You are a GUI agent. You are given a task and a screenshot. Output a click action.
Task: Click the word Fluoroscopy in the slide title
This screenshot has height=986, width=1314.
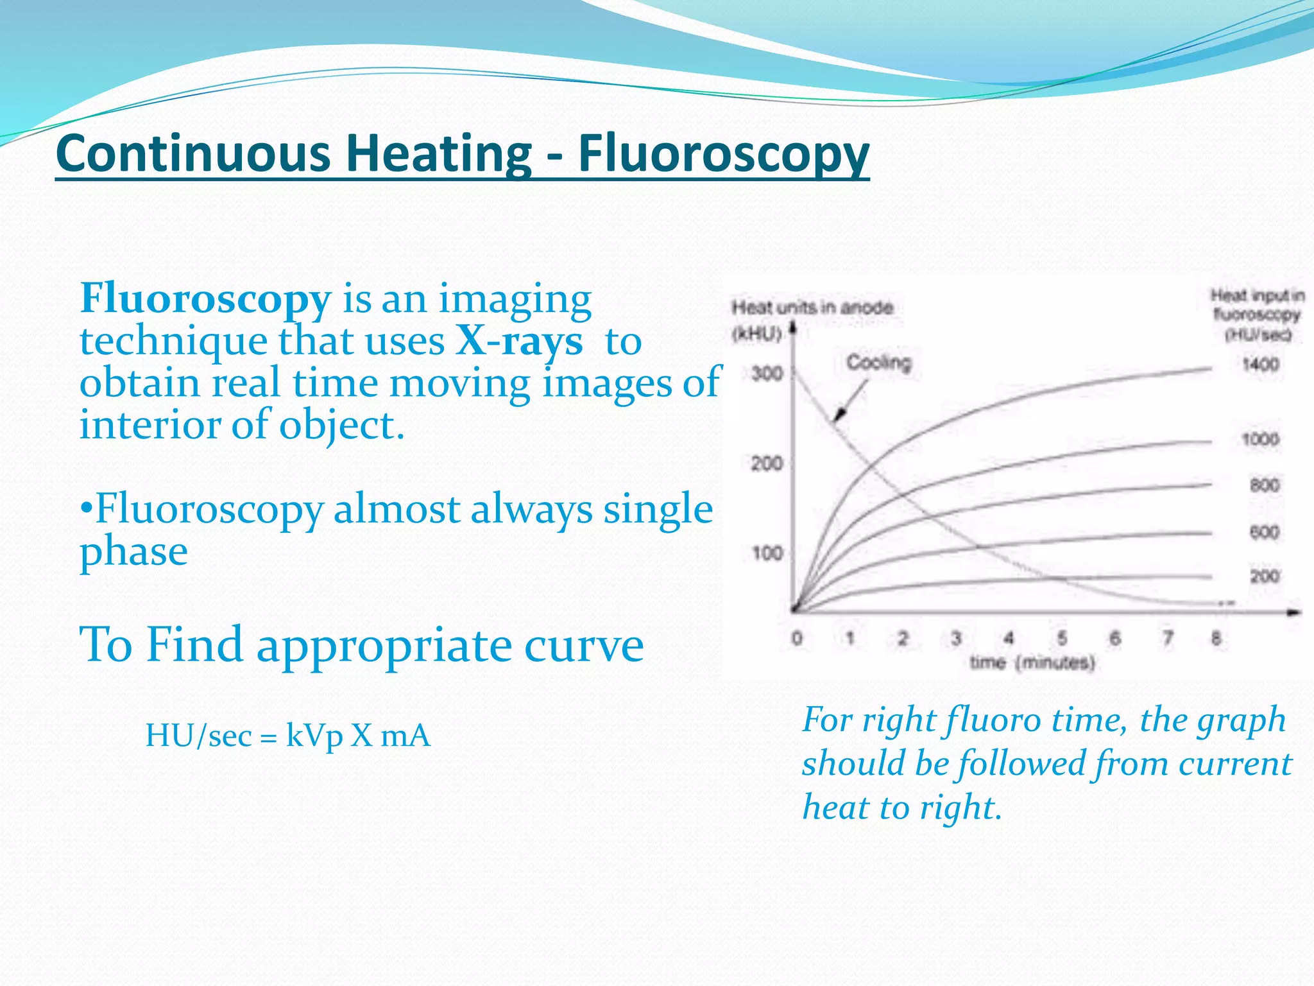pyautogui.click(x=723, y=153)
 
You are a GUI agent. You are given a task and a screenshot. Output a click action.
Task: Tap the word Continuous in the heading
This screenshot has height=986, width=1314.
pyautogui.click(x=193, y=153)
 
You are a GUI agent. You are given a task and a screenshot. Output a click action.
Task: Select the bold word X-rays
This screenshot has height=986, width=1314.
pyautogui.click(x=519, y=341)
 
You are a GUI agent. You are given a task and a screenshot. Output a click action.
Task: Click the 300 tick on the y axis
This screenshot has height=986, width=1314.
pyautogui.click(x=766, y=373)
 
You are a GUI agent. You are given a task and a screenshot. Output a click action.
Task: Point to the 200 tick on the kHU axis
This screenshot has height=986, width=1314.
pyautogui.click(x=766, y=463)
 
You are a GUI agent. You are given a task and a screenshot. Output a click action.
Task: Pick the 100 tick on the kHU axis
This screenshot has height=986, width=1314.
pyautogui.click(x=766, y=553)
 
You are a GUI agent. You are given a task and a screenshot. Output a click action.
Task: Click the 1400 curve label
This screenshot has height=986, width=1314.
pyautogui.click(x=1260, y=365)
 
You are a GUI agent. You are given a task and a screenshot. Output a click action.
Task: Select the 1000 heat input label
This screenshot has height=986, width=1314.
pyautogui.click(x=1260, y=440)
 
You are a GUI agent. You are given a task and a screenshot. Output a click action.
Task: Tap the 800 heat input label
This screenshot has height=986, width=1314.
pyautogui.click(x=1264, y=485)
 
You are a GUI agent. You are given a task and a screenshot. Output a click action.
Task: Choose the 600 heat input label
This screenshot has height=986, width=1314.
pyautogui.click(x=1264, y=532)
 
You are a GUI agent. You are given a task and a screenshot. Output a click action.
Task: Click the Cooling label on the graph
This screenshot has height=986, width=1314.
pyautogui.click(x=878, y=363)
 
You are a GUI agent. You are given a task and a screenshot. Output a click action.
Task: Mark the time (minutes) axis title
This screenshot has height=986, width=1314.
pyautogui.click(x=1032, y=662)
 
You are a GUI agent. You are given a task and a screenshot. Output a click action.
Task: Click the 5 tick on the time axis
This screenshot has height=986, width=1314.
pyautogui.click(x=1062, y=638)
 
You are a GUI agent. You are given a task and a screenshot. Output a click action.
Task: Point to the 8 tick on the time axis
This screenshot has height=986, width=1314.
pyautogui.click(x=1215, y=638)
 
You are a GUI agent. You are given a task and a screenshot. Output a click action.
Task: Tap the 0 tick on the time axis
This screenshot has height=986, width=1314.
pyautogui.click(x=796, y=638)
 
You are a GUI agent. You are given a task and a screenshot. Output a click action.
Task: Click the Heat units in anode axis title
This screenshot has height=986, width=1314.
pyautogui.click(x=812, y=307)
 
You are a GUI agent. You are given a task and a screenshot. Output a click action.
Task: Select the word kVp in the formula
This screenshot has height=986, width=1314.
pyautogui.click(x=314, y=736)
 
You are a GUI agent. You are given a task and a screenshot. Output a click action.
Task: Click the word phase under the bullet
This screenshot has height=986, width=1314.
pyautogui.click(x=133, y=551)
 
